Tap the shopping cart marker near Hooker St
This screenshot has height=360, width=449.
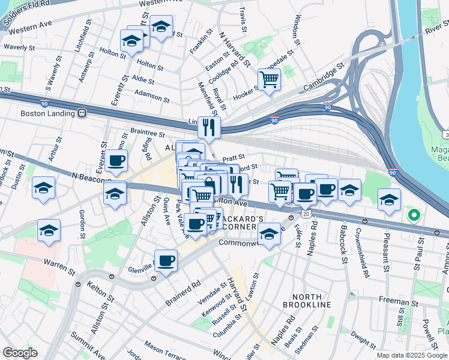(270, 78)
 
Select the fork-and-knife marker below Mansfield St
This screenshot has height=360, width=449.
(209, 127)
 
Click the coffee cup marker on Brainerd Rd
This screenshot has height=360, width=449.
(167, 260)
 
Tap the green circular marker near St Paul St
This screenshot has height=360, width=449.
(413, 214)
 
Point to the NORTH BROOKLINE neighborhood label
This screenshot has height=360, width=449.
(311, 301)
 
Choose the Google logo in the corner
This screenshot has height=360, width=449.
(20, 353)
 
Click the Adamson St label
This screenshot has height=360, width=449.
(152, 94)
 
